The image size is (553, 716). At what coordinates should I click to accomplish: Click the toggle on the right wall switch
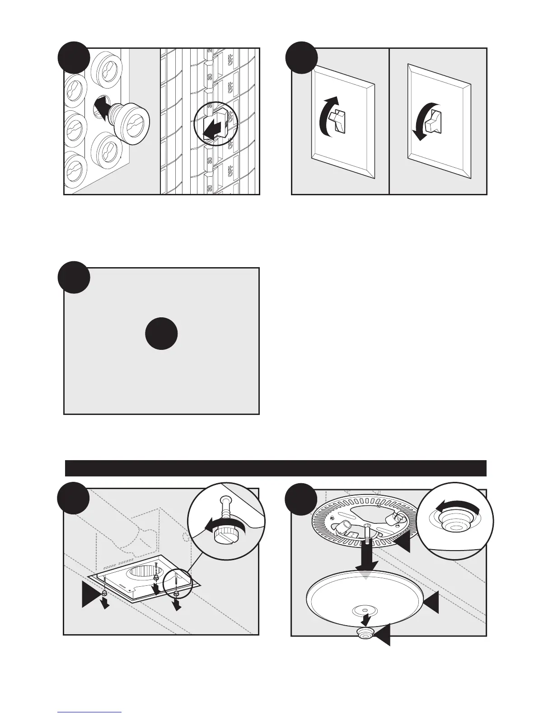tap(434, 119)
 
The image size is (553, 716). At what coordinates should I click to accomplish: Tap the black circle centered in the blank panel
tap(161, 333)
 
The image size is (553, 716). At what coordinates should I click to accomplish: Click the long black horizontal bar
tap(276, 468)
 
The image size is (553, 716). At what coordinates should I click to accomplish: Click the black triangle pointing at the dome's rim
tap(431, 603)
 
